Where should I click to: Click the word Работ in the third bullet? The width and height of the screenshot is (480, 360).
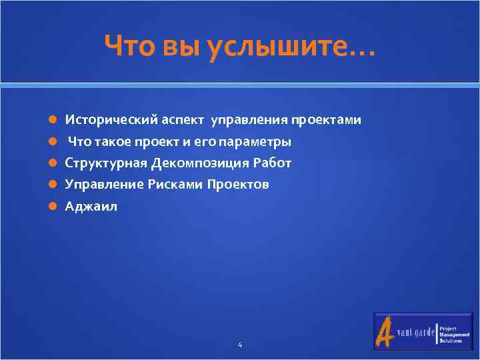pos(273,163)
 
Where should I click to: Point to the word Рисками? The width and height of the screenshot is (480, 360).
pos(174,185)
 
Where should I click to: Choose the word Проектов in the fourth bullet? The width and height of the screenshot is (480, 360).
pos(238,185)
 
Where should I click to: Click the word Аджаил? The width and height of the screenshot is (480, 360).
pos(91,207)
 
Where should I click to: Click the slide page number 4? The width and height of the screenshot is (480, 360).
pos(240,345)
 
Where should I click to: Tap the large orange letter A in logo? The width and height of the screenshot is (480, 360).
pos(385,331)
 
